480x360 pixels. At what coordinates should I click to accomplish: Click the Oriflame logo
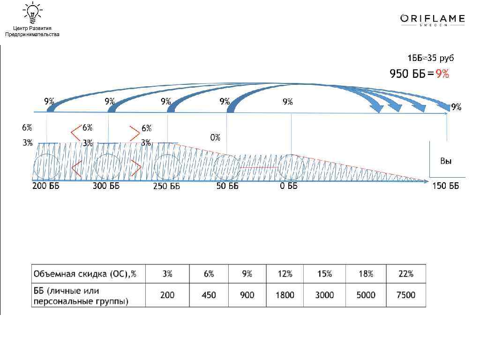433,20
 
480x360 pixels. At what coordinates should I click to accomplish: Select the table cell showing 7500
406,295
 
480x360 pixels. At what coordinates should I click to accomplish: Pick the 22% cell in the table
406,274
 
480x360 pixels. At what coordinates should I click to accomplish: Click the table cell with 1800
285,295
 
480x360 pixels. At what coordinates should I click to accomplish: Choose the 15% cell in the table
324,274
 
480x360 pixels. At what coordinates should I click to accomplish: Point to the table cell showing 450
209,295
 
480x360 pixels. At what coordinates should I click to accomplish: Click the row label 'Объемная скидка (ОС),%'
85,274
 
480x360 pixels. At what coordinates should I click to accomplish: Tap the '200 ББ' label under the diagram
46,186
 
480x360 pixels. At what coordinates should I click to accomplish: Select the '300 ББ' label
106,186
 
